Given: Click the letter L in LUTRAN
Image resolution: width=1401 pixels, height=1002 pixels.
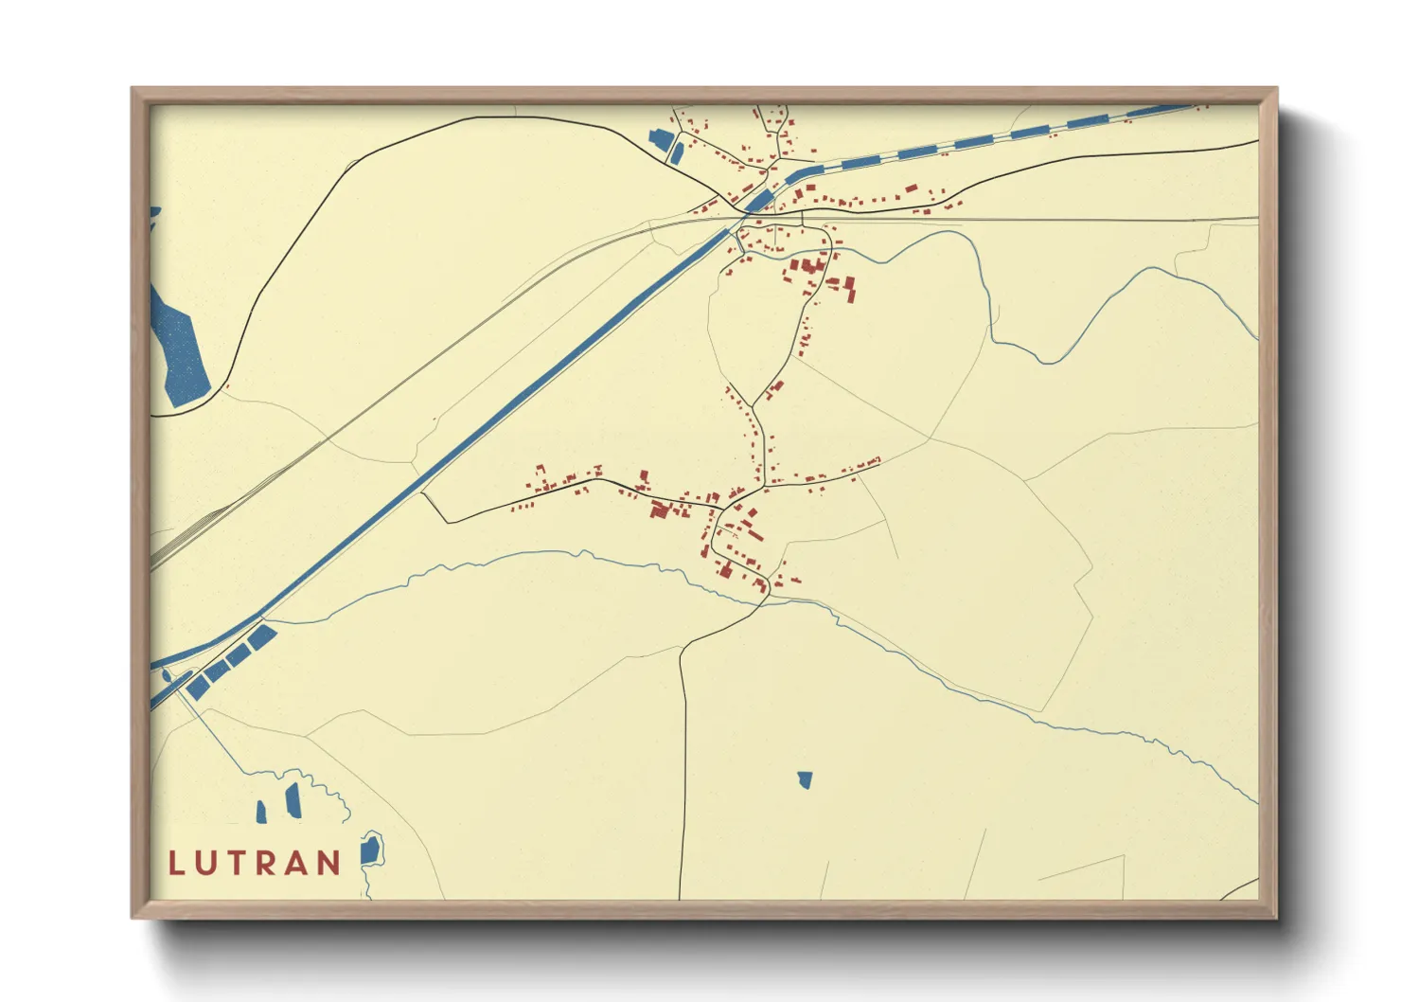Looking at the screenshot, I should tap(176, 863).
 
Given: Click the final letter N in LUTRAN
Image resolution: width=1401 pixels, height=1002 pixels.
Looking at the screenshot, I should tap(329, 863).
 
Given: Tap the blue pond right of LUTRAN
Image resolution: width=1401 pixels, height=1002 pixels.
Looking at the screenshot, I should tap(371, 850).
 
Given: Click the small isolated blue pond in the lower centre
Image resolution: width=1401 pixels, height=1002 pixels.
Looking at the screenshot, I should tap(805, 779).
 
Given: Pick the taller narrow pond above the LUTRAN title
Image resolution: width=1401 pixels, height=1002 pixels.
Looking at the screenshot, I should tap(293, 800).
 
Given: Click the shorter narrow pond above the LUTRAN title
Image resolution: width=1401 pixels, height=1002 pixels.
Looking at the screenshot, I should tap(261, 812).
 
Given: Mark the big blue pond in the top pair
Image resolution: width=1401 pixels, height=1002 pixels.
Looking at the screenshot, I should tap(660, 139).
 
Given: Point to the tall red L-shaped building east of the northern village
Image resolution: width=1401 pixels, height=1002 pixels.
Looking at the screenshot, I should tap(849, 288).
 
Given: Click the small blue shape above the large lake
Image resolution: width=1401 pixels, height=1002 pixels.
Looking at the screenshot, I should tap(154, 217).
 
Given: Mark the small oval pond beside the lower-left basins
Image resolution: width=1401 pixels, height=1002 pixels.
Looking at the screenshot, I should tap(168, 675).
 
